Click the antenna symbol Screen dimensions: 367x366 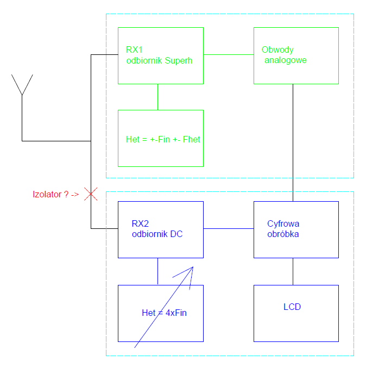pyautogui.click(x=22, y=87)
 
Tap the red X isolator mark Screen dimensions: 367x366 pyautogui.click(x=91, y=194)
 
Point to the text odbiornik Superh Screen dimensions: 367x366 pyautogui.click(x=159, y=60)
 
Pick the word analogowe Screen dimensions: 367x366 pyautogui.click(x=286, y=60)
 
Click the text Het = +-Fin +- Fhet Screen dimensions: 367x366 pyautogui.click(x=163, y=139)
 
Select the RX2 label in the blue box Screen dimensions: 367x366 pyautogui.click(x=141, y=223)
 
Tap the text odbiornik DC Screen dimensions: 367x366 pyautogui.click(x=157, y=234)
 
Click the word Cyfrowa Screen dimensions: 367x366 pyautogui.click(x=283, y=223)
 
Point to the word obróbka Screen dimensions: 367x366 pyautogui.click(x=283, y=234)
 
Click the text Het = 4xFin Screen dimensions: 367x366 pyautogui.click(x=164, y=313)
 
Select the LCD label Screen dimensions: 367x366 pyautogui.click(x=292, y=307)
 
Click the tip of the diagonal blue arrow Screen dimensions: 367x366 pyautogui.click(x=193, y=267)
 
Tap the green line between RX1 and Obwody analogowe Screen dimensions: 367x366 pyautogui.click(x=228, y=55)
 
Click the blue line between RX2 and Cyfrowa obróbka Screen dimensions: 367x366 pyautogui.click(x=228, y=228)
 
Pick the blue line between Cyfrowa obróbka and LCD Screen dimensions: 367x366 pyautogui.click(x=293, y=271)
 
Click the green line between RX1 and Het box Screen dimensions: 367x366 pyautogui.click(x=158, y=97)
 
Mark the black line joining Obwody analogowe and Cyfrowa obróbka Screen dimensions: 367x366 pyautogui.click(x=293, y=141)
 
